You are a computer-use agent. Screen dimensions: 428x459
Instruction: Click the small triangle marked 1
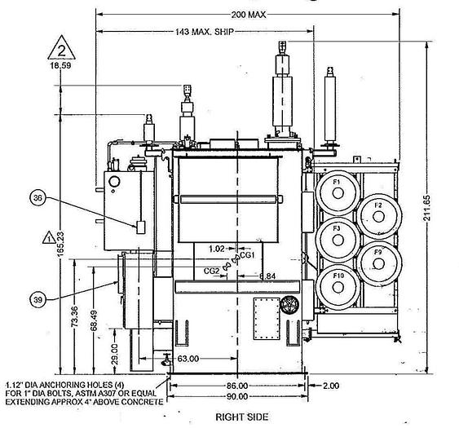(x=49, y=239)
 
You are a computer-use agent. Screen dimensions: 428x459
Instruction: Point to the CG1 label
(x=248, y=254)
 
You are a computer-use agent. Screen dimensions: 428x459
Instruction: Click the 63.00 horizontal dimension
(x=189, y=358)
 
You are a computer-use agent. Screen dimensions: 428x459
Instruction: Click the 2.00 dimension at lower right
(x=330, y=384)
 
